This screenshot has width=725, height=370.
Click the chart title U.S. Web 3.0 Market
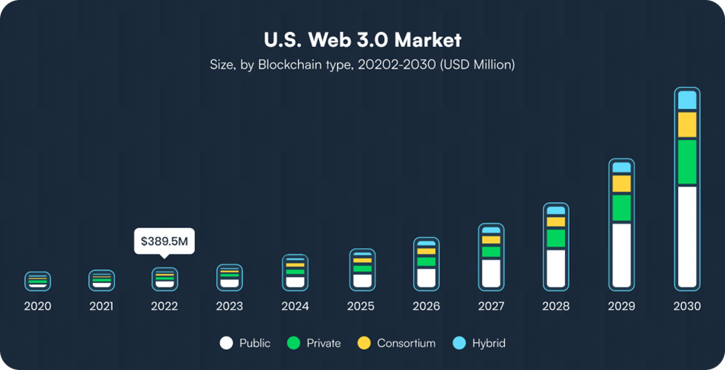tap(362, 39)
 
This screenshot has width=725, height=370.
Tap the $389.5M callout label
tap(164, 241)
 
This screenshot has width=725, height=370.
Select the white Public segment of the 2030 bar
tap(687, 236)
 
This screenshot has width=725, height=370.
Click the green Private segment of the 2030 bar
tap(687, 162)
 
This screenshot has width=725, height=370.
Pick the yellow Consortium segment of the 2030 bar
tap(687, 125)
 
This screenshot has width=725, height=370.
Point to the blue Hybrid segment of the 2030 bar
tap(687, 100)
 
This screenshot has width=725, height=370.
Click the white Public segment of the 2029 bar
tap(622, 255)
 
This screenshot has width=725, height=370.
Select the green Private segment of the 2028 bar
tap(555, 238)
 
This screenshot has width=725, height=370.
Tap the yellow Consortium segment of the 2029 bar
tap(622, 184)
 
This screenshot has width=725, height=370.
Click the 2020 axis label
tap(37, 306)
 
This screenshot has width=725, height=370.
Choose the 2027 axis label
tap(491, 306)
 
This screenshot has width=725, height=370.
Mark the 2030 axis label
tap(687, 306)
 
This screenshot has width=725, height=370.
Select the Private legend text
tap(323, 343)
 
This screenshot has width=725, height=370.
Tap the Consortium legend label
tap(406, 343)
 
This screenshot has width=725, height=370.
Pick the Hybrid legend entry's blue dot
tap(459, 343)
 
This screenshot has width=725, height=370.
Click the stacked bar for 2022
tap(164, 279)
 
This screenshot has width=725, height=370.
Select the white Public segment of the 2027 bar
tap(491, 273)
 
